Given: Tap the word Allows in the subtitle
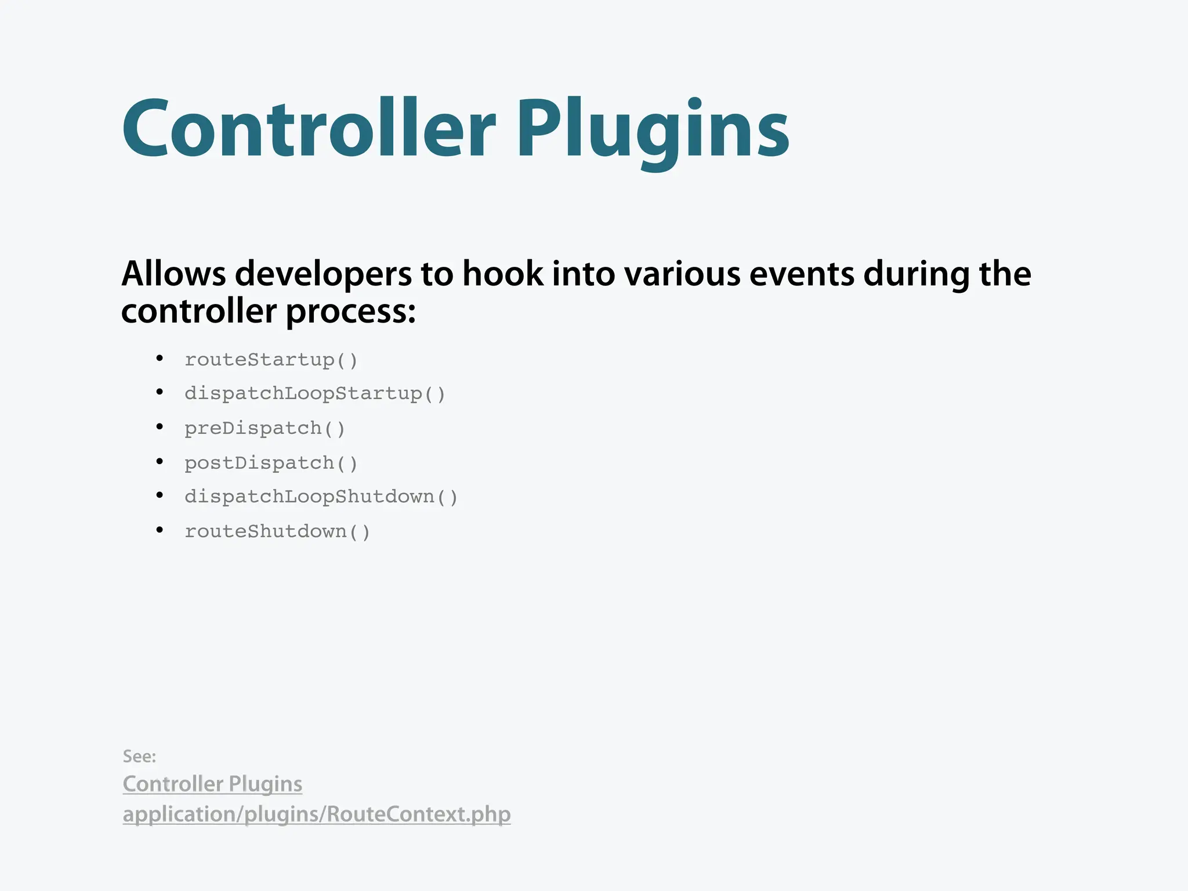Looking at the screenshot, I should pyautogui.click(x=173, y=274).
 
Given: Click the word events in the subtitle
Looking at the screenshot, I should pyautogui.click(x=801, y=274).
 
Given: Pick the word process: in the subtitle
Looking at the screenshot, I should pyautogui.click(x=350, y=312).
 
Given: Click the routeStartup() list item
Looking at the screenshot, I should pyautogui.click(x=271, y=360).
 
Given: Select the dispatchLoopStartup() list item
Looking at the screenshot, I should pyautogui.click(x=315, y=394).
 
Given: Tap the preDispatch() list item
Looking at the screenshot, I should pyautogui.click(x=265, y=429).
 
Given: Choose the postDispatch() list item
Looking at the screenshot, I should pyautogui.click(x=271, y=463).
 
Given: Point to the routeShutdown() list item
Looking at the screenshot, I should pyautogui.click(x=277, y=532).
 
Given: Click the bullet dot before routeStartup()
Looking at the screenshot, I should pyautogui.click(x=160, y=359).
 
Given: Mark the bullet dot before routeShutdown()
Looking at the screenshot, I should pyautogui.click(x=160, y=530).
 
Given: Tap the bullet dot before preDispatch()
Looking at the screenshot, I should pyautogui.click(x=160, y=428).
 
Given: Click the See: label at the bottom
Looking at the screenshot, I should pyautogui.click(x=139, y=756).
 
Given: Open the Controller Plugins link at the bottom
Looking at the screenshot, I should pyautogui.click(x=212, y=784).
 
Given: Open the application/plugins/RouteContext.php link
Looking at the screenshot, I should pyautogui.click(x=316, y=814).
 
